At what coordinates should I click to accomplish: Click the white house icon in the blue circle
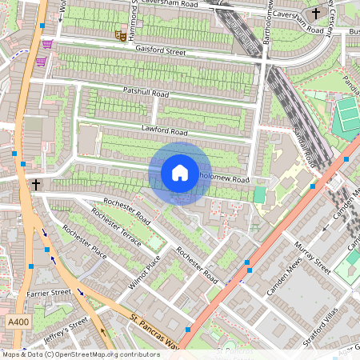[x=180, y=172]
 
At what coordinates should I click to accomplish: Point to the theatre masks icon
[x=120, y=34]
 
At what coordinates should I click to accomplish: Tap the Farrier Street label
[x=50, y=294]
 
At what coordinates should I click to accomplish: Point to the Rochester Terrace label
[x=116, y=230]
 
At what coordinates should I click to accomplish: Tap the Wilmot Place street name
[x=145, y=273]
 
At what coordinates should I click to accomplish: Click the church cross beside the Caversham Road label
[x=316, y=14]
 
